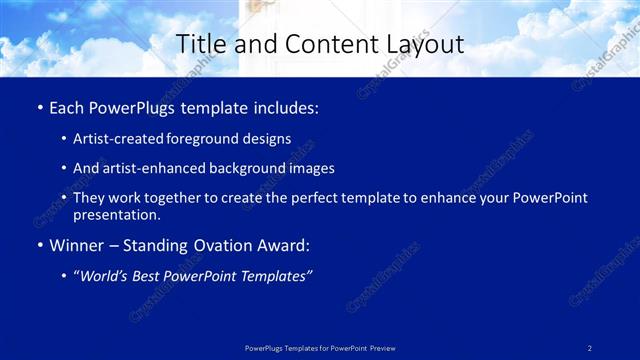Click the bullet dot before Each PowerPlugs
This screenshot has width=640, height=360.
pyautogui.click(x=38, y=108)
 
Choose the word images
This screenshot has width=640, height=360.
pyautogui.click(x=312, y=169)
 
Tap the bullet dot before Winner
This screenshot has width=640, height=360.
pyautogui.click(x=38, y=246)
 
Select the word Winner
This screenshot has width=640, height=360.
pyautogui.click(x=75, y=246)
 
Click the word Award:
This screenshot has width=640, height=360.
pyautogui.click(x=281, y=246)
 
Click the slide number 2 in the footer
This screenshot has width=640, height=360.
pyautogui.click(x=590, y=348)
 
